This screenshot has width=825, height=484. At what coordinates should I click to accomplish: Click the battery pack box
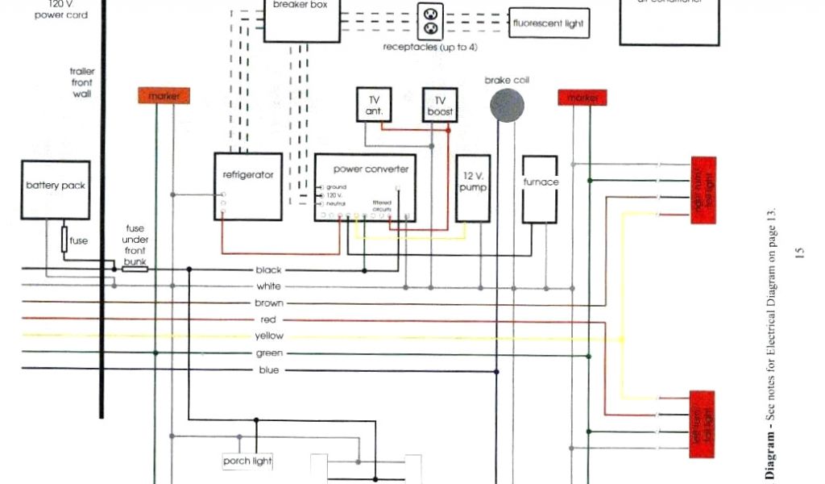[55, 188]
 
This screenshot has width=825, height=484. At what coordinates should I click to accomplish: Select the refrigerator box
[248, 186]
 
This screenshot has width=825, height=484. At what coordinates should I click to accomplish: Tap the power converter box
[365, 188]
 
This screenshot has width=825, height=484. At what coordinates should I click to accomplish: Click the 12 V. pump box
[473, 188]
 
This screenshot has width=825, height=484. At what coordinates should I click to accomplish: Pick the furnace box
[540, 190]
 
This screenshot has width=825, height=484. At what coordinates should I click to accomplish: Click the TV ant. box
[374, 105]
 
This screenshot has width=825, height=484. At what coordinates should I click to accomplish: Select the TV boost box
[440, 105]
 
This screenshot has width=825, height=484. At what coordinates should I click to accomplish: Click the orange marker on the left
[164, 96]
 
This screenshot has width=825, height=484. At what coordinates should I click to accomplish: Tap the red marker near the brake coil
[582, 98]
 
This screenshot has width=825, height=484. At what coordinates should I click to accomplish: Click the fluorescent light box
[548, 23]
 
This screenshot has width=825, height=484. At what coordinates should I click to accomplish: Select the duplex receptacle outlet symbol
[430, 21]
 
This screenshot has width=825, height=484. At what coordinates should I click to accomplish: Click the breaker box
[302, 19]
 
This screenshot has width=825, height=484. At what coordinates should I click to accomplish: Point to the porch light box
[248, 461]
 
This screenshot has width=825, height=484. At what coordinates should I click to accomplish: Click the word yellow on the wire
[269, 336]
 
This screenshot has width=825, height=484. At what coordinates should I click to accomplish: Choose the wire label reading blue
[269, 370]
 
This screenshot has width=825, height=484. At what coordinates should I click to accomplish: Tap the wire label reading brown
[269, 303]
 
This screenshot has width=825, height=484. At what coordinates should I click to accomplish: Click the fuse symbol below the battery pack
[65, 240]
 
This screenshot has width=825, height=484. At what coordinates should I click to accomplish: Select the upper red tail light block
[703, 190]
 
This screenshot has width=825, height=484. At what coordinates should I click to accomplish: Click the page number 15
[798, 253]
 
